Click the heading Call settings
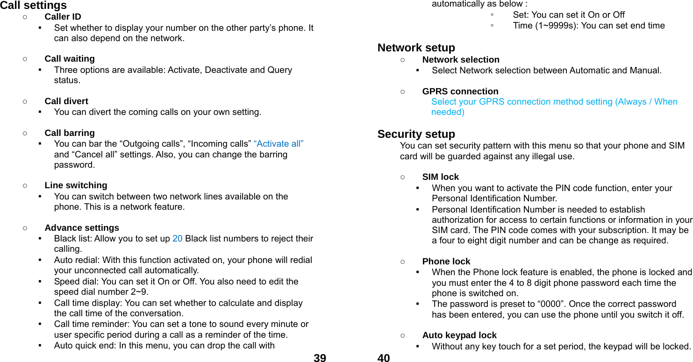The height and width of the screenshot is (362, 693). click(x=34, y=6)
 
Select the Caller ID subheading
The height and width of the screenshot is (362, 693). click(x=63, y=17)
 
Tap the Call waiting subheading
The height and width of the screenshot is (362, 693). click(x=70, y=59)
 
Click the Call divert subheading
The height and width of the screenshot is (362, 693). click(x=66, y=101)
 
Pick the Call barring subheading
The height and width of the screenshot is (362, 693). click(x=70, y=133)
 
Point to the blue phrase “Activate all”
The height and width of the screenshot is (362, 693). click(x=279, y=144)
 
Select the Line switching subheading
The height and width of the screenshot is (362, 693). click(x=76, y=185)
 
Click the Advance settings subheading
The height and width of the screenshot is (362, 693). click(x=82, y=228)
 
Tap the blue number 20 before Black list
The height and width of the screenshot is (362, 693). click(x=178, y=239)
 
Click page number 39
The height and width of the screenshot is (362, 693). click(x=320, y=358)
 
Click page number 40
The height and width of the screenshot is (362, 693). click(x=384, y=358)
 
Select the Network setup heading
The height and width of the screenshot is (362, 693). click(x=416, y=48)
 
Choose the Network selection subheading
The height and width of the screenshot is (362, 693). click(x=461, y=60)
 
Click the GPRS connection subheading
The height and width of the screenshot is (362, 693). click(x=460, y=92)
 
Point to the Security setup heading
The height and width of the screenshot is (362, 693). click(x=416, y=135)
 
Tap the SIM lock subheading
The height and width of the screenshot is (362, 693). click(x=441, y=177)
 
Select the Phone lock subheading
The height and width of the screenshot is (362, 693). click(x=446, y=262)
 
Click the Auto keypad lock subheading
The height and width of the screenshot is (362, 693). click(x=459, y=335)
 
